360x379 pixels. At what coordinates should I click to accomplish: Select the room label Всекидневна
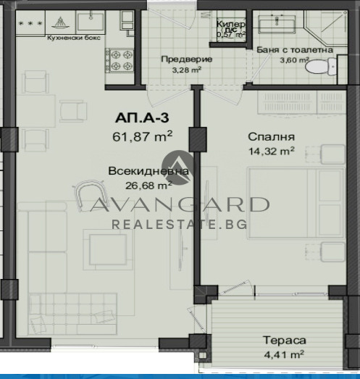point(148,172)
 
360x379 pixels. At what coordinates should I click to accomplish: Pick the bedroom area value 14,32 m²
point(271,151)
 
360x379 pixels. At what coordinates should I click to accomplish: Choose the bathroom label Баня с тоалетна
point(295,50)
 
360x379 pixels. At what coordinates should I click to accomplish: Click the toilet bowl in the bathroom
point(318,67)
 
